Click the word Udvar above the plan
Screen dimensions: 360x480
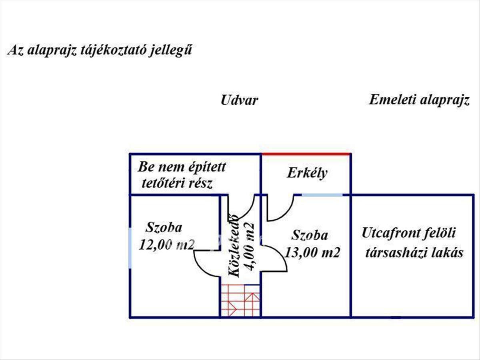(239, 100)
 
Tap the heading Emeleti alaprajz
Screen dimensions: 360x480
(418, 100)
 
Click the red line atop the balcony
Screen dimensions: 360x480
(306, 154)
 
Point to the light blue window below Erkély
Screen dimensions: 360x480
(322, 195)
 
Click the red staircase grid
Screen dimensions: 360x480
(240, 300)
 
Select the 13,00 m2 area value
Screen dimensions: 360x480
(312, 252)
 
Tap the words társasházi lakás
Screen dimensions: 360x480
(414, 253)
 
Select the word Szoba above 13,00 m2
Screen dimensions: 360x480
(310, 235)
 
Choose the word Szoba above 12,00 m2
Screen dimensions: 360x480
(164, 228)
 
